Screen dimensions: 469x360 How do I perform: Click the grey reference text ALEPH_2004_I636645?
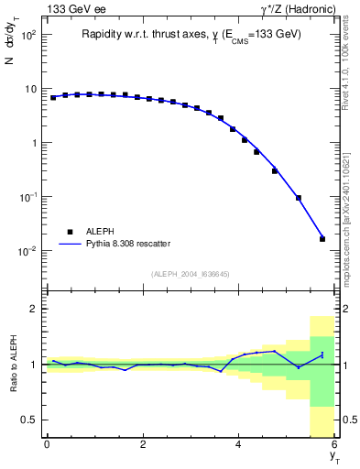pos(191,274)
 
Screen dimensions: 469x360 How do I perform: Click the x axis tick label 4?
pos(239,444)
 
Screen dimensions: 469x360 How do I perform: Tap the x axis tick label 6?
pos(334,444)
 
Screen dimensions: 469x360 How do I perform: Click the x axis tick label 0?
pos(47,444)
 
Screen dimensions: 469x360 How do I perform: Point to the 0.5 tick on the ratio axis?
pos(28,420)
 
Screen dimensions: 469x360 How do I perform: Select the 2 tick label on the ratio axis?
pos(33,309)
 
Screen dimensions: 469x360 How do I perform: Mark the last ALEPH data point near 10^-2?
pos(322,239)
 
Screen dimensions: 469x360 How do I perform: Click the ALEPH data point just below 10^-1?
pos(299,198)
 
